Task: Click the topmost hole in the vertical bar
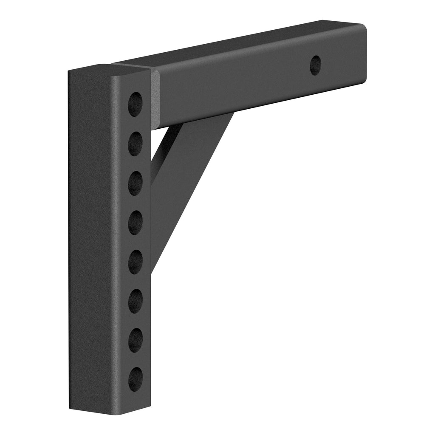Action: [x=135, y=104]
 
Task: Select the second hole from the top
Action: [x=135, y=144]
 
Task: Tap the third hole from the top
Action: [x=135, y=183]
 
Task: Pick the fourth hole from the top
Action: [x=135, y=222]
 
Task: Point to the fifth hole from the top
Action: [x=135, y=261]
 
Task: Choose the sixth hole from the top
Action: [x=135, y=300]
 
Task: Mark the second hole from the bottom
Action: [x=135, y=339]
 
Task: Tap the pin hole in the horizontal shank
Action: [x=315, y=65]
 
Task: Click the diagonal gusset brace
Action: [x=187, y=178]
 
